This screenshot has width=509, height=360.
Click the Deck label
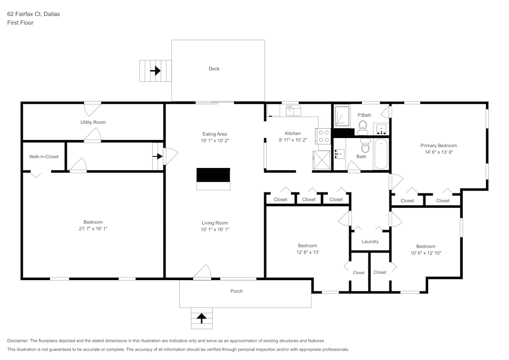tap(214, 69)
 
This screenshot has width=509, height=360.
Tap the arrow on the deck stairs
tap(155, 70)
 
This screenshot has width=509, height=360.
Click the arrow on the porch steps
tap(202, 318)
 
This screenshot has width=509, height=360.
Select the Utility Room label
tap(93, 122)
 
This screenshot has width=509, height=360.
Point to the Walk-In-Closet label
tap(44, 157)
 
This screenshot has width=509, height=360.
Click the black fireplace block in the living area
tap(213, 175)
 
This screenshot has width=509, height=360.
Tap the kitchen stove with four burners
tap(323, 136)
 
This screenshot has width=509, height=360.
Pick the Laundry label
tap(370, 241)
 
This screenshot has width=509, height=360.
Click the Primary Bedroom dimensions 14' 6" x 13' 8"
tap(438, 152)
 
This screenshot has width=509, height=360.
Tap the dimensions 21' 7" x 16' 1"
tap(93, 229)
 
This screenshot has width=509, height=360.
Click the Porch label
tap(237, 291)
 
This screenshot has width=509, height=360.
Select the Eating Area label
tap(214, 134)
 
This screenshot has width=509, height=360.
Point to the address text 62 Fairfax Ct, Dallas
tap(33, 14)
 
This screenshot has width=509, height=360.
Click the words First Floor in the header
tap(20, 23)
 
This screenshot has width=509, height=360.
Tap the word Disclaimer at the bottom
tap(18, 341)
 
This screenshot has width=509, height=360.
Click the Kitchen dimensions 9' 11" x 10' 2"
tap(293, 140)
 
